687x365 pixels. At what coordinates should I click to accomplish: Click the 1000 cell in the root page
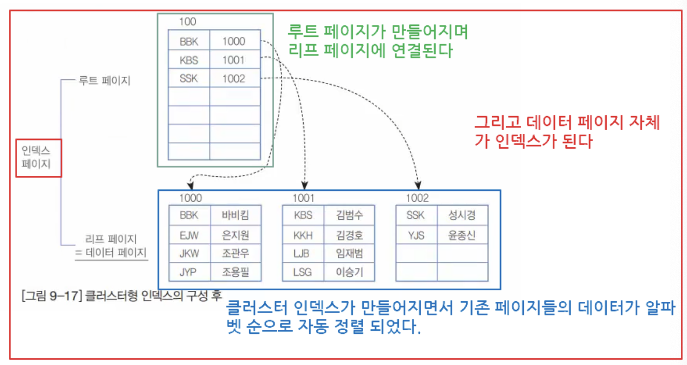pos(234,41)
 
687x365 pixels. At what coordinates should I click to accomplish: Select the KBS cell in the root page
pos(189,60)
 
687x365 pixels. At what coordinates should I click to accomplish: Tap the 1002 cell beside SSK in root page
pos(234,79)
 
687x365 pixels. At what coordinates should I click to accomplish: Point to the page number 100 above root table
pos(187,22)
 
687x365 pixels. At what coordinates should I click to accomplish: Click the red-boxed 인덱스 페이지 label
pos(38,158)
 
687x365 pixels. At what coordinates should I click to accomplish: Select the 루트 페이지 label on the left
pos(104,81)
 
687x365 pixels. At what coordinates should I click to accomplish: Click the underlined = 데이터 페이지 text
pos(111,252)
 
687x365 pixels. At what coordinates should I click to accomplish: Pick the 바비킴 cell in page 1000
pos(236,215)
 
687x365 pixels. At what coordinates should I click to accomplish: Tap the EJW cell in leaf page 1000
pos(189,235)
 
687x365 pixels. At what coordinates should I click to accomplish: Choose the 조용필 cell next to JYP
pos(236,272)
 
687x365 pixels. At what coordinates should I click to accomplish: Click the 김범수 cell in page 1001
pos(349,215)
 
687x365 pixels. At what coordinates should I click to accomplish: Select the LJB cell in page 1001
pos(303,254)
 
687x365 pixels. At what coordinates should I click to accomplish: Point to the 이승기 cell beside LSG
pos(349,272)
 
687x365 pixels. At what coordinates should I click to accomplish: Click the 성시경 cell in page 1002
pos(462,215)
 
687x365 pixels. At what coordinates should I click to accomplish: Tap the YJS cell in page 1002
pos(416,235)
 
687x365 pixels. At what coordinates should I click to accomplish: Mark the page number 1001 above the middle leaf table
pos(304,198)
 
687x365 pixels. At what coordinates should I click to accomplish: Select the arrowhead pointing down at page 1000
pos(190,185)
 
